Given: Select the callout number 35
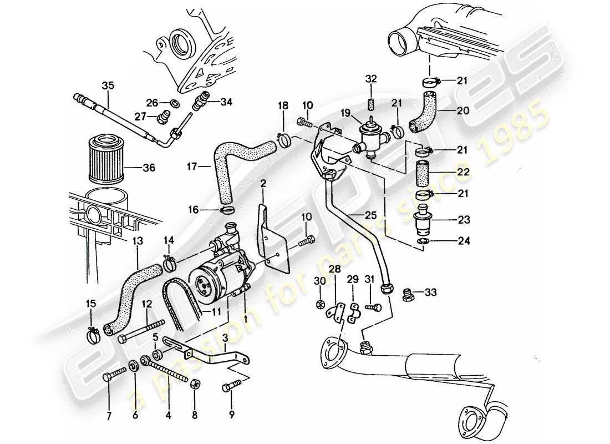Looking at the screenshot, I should pyautogui.click(x=108, y=85).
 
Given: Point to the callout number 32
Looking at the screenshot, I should pyautogui.click(x=371, y=79).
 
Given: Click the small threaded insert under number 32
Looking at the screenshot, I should pyautogui.click(x=371, y=105).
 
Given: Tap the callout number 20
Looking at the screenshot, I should pyautogui.click(x=463, y=110).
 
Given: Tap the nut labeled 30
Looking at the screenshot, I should pyautogui.click(x=320, y=304).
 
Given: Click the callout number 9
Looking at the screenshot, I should pyautogui.click(x=232, y=413).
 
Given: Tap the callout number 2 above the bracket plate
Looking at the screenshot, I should pyautogui.click(x=264, y=184).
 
